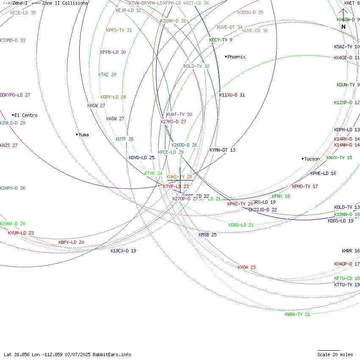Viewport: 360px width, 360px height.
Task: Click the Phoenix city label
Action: coord(236,57)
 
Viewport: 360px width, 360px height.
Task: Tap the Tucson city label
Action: coord(312,159)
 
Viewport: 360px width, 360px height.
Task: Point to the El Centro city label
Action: coord(26,115)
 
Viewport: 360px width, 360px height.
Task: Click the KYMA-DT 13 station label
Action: coord(222,150)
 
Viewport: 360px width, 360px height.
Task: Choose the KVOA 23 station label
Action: coord(246,267)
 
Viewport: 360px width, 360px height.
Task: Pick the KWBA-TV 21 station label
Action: coord(297,314)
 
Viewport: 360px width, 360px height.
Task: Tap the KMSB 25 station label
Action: coord(208,235)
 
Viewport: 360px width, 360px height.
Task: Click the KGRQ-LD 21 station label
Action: coord(241,225)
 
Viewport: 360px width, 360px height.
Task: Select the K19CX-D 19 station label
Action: coord(123,251)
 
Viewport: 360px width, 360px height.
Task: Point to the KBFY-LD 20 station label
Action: coord(71,242)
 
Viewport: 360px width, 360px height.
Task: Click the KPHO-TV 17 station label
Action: coord(305,186)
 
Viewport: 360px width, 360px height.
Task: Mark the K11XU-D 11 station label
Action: coord(232,95)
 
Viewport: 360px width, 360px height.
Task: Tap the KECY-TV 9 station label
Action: coord(221,40)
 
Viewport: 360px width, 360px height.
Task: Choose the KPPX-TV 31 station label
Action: coord(119,30)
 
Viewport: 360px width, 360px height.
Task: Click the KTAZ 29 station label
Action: coord(107,75)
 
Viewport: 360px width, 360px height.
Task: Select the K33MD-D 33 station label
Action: coord(13,40)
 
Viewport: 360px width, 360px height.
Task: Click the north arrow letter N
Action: coord(343,27)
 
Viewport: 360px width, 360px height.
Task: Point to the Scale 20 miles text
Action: coord(335,354)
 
